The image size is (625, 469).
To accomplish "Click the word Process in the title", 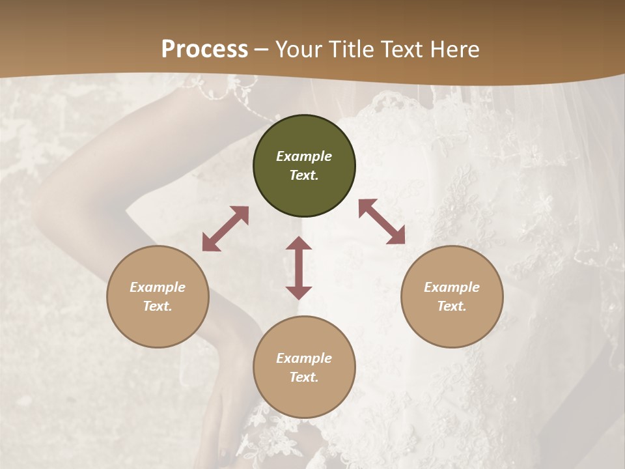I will pos(204,50).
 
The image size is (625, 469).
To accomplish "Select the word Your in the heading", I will pos(299,50).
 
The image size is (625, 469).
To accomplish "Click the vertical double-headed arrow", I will pos(299,268).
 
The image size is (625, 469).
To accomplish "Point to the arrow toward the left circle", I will pos(225,229).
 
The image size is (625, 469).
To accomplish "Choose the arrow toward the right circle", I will pos(382,221).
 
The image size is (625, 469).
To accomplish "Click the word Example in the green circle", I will pos(304,156).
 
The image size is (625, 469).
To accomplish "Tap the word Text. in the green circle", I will pos(304,175).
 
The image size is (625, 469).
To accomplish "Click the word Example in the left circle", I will pos(158,287).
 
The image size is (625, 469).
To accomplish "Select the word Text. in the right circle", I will pos(452,306).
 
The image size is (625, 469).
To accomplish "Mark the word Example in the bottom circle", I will pos(304,358).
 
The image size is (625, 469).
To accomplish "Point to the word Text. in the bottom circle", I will pos(304,377).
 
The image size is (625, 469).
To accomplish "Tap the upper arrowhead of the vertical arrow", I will pos(299,243).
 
